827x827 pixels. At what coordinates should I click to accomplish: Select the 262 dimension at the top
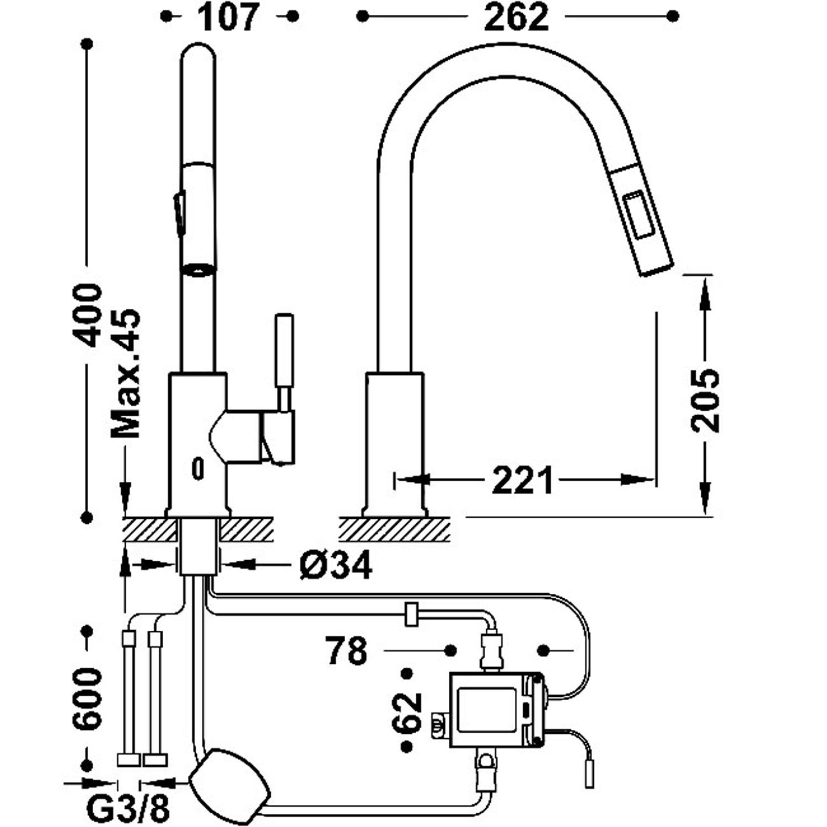pos(517,17)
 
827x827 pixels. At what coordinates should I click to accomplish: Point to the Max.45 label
pos(126,374)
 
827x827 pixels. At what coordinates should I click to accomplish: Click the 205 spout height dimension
pos(706,399)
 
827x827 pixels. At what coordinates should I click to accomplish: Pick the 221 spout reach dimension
pos(522,480)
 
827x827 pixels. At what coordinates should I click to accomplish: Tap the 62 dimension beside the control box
pos(409,711)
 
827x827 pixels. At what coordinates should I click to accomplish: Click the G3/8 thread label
pos(128,809)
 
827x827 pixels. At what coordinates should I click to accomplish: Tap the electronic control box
pos(493,710)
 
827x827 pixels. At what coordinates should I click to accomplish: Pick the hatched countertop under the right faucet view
pos(394,529)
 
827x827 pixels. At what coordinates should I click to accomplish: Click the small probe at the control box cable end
pos(589,773)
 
